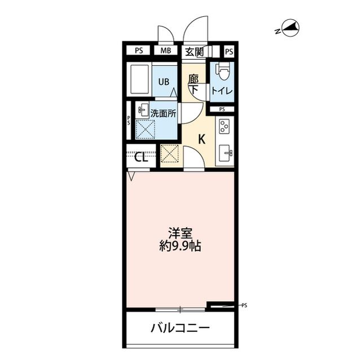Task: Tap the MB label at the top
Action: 165,51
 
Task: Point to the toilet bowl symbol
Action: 222,73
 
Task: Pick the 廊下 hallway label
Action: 193,84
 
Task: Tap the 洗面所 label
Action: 163,112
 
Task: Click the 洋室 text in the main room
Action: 180,232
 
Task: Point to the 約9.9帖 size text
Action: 180,246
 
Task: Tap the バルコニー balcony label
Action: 180,328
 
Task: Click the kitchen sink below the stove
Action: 224,152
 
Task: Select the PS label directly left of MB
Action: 139,51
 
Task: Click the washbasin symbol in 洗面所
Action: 143,110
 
